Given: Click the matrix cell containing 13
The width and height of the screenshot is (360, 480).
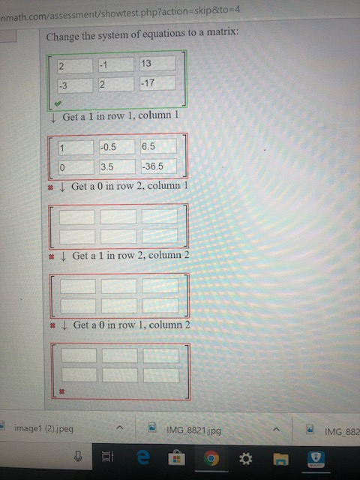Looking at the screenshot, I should [157, 64].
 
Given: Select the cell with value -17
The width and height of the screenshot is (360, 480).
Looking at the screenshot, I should [157, 82].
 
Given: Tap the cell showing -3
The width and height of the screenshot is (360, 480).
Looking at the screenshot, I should [73, 83].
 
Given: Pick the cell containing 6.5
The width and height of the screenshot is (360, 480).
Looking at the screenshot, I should [157, 146].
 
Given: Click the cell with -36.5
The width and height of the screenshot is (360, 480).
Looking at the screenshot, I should [157, 166].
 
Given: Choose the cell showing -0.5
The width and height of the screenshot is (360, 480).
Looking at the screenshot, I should [116, 146].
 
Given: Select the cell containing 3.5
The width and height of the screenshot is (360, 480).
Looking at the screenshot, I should [116, 166].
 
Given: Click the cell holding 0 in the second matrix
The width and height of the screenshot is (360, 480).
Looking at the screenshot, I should [75, 166].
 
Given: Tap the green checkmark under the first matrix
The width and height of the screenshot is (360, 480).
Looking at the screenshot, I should [56, 104].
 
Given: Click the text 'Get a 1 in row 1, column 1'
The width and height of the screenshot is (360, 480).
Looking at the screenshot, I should [120, 117].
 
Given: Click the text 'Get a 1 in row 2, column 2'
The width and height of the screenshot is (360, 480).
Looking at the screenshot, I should [131, 256].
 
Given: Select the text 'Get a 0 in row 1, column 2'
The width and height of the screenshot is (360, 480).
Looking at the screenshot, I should [132, 325].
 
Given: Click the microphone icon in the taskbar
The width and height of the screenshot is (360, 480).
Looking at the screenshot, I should [76, 457].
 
